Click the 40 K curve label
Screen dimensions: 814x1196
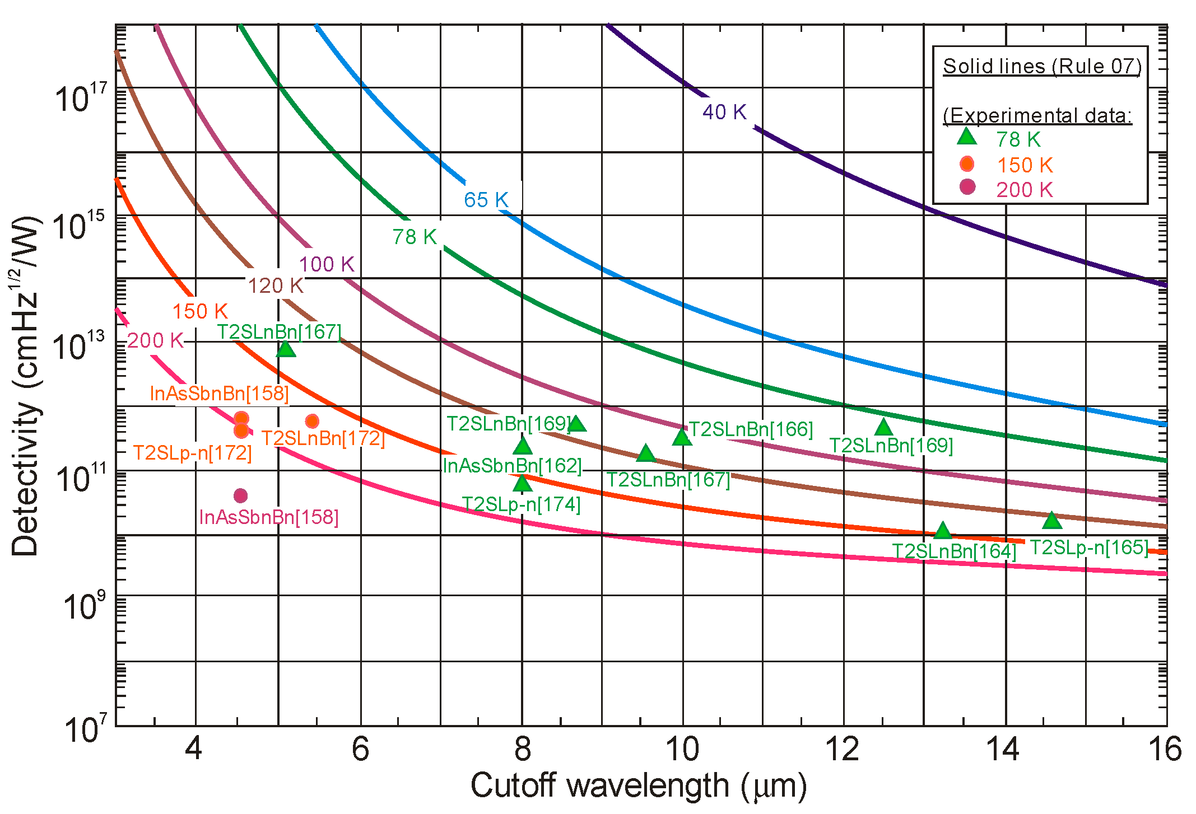(x=724, y=112)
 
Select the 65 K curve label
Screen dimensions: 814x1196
(x=486, y=200)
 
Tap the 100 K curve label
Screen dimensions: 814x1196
(x=327, y=264)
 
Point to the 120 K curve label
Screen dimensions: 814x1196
(x=276, y=286)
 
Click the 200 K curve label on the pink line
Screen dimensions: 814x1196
(x=155, y=340)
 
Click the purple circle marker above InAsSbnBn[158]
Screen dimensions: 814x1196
(x=240, y=495)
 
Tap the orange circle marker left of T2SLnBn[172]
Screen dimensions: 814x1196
(x=312, y=421)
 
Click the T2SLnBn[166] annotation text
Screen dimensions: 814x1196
(x=751, y=429)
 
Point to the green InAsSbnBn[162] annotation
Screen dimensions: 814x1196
(x=512, y=466)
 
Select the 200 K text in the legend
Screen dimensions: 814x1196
(x=1024, y=190)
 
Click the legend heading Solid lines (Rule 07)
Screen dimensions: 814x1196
(x=1042, y=66)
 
